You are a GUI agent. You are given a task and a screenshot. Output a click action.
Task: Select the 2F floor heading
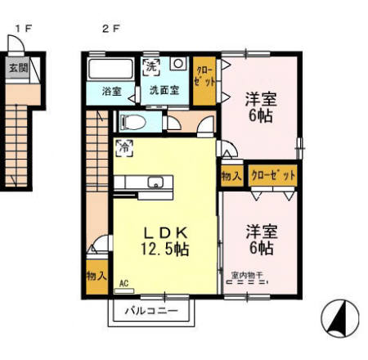(111, 28)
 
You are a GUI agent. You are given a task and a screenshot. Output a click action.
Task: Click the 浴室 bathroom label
(112, 91)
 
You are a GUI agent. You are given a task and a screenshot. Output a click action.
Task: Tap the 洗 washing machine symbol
(152, 66)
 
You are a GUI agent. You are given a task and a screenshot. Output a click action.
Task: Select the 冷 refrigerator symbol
(126, 148)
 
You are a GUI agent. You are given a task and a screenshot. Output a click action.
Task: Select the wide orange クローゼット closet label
(272, 175)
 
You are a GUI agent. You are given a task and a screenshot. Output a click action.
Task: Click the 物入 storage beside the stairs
(96, 276)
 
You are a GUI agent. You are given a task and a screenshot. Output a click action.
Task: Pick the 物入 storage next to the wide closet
(231, 175)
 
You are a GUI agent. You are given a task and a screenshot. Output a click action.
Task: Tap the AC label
(124, 284)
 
